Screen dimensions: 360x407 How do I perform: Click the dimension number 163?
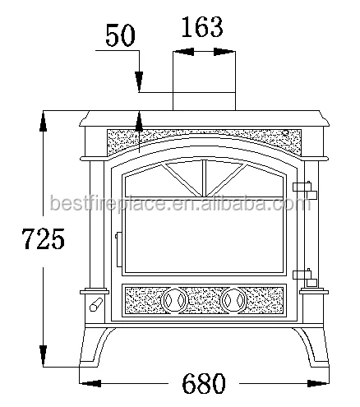pos(202,27)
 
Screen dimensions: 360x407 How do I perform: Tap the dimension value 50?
pos(120,35)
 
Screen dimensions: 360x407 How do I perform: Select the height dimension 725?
pos(43,238)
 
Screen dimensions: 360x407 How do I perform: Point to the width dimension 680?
pos(204,383)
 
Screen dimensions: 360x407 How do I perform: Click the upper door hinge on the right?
pos(305,189)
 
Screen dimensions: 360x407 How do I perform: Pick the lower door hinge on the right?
pos(305,277)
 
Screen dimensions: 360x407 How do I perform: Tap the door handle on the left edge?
pos(119,249)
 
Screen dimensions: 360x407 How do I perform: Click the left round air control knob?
pos(174,300)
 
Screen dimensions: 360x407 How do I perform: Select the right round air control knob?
pos(233,300)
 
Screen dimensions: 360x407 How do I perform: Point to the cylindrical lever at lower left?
pos(96,304)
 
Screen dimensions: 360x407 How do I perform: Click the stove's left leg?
pos(95,347)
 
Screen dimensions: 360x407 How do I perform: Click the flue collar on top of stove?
pos(204,101)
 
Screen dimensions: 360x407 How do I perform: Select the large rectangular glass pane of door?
pos(204,236)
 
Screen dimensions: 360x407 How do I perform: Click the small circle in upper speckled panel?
pos(285,133)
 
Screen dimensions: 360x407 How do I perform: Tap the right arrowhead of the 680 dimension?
pos(318,383)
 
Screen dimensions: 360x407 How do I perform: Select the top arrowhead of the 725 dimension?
pos(43,121)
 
